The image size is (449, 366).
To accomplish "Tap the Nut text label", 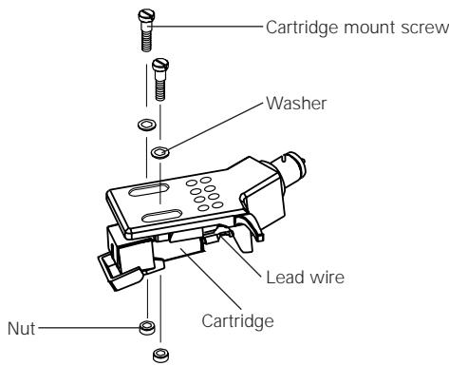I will pos(19,327).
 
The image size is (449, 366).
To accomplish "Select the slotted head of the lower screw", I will pos(160,67).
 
